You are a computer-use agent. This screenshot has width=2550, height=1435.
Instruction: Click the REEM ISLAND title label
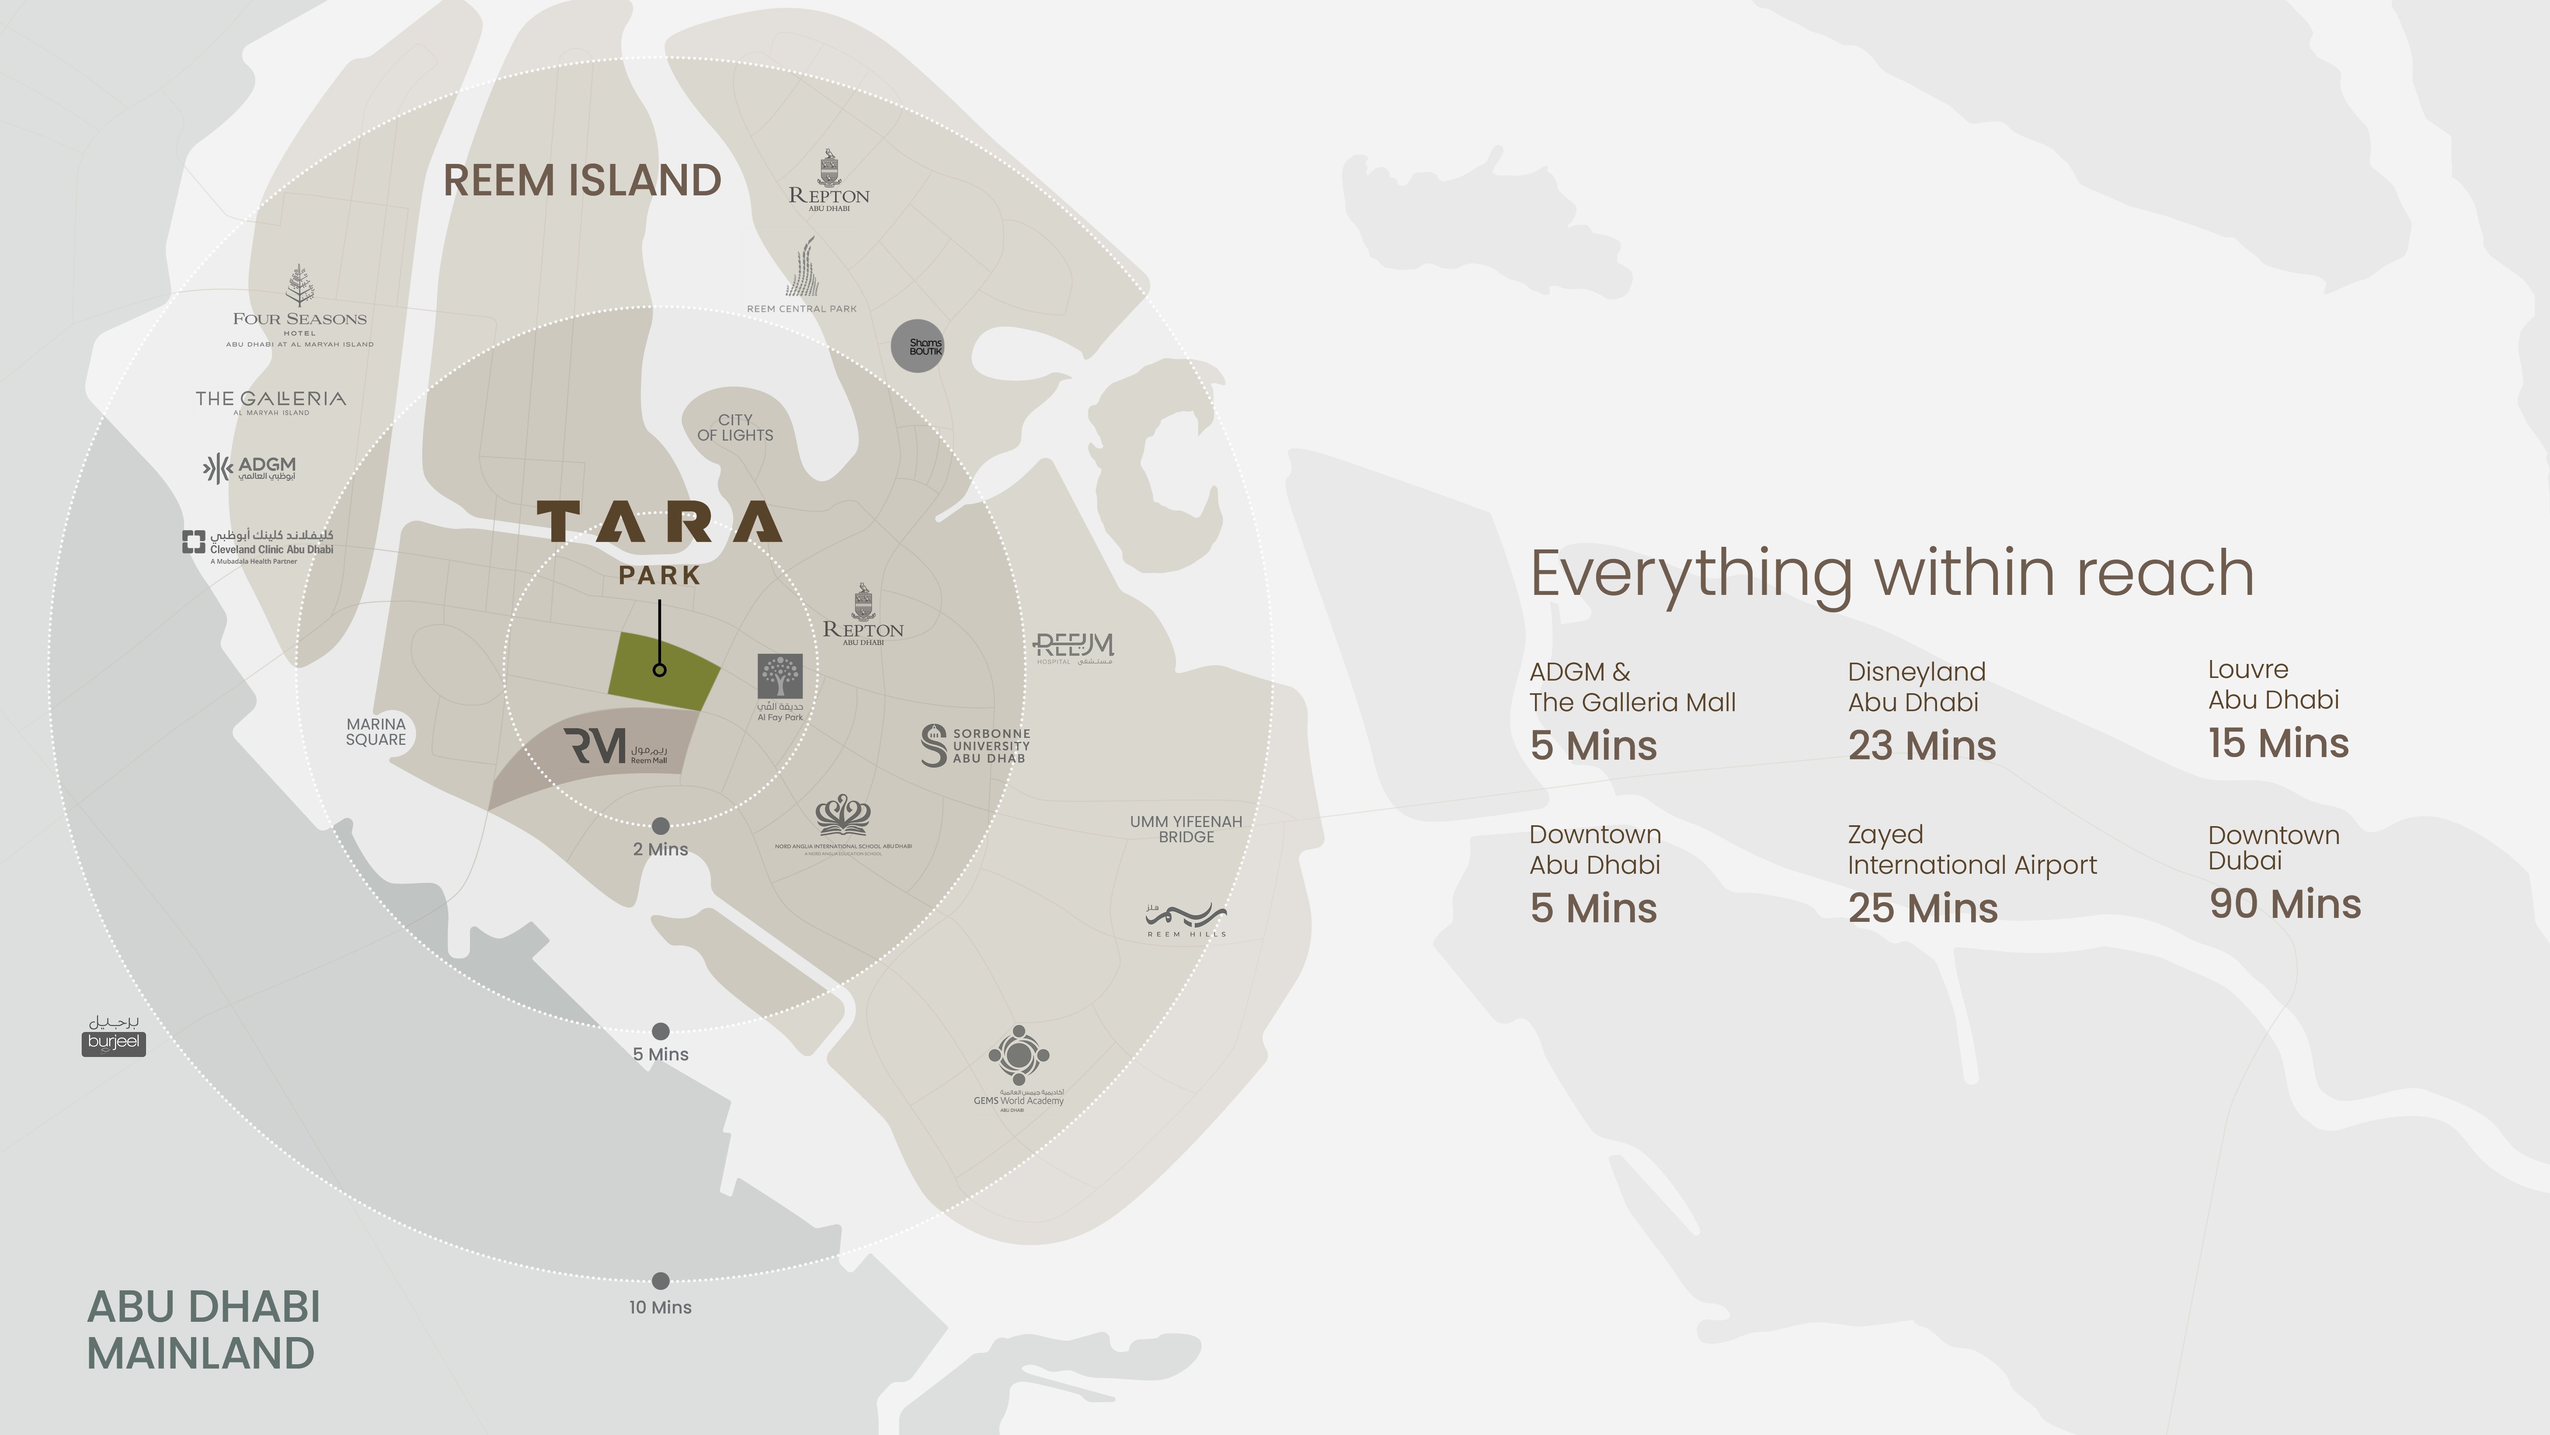[582, 181]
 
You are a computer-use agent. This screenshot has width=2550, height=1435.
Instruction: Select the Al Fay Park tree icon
[780, 677]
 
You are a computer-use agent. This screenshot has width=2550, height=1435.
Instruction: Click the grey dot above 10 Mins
[660, 1281]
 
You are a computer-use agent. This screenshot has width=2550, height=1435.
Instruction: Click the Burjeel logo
[114, 1035]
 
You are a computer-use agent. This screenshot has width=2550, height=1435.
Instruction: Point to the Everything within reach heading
[1892, 574]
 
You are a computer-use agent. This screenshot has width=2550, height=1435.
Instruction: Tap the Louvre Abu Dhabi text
[2273, 685]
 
